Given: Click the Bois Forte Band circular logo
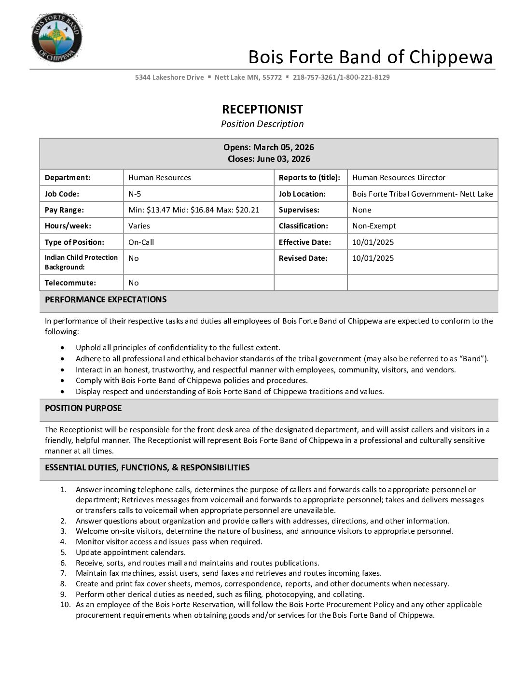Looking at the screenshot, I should pyautogui.click(x=56, y=38).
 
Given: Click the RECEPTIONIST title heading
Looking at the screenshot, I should pyautogui.click(x=262, y=109).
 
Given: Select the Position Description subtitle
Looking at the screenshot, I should pyautogui.click(x=262, y=124).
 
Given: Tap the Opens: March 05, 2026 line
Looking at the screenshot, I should pyautogui.click(x=268, y=147).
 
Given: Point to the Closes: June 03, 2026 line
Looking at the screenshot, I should pyautogui.click(x=268, y=159).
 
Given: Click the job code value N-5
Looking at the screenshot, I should pyautogui.click(x=135, y=194).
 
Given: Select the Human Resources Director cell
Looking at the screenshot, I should pyautogui.click(x=399, y=178).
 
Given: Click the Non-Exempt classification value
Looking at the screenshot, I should pyautogui.click(x=374, y=226).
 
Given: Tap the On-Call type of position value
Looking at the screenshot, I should pyautogui.click(x=141, y=242).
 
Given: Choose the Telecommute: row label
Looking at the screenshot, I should pyautogui.click(x=70, y=283).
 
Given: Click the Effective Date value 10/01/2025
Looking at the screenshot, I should pyautogui.click(x=373, y=242).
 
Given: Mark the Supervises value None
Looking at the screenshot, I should pyautogui.click(x=361, y=210).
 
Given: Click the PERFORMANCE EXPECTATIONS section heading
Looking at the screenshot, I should pyautogui.click(x=106, y=299).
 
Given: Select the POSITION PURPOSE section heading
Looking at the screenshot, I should pyautogui.click(x=83, y=408).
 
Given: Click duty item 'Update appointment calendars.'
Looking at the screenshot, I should pyautogui.click(x=130, y=552).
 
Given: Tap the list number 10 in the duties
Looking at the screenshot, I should pyautogui.click(x=65, y=604).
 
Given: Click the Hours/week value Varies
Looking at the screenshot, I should pyautogui.click(x=139, y=226).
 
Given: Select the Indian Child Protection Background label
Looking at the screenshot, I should pyautogui.click(x=81, y=262).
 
